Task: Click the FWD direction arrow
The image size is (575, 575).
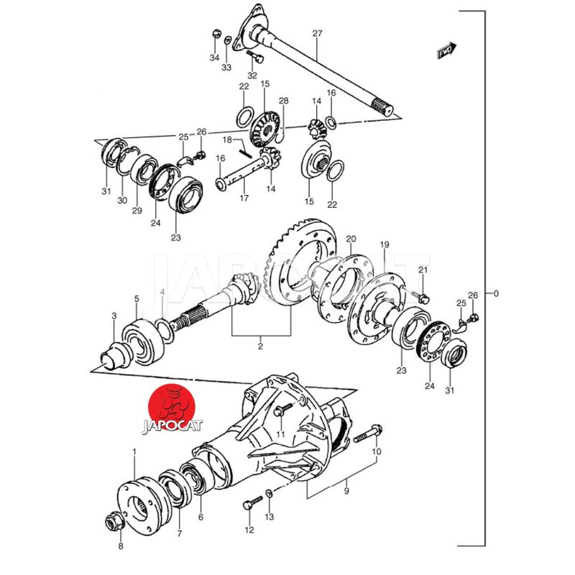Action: [447, 50]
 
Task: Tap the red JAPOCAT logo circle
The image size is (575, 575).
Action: [172, 407]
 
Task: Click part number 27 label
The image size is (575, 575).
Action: [317, 33]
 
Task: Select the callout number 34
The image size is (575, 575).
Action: [214, 57]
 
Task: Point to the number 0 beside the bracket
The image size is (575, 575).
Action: [496, 293]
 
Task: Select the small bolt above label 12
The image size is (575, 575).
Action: [253, 502]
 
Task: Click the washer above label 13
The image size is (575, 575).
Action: [269, 494]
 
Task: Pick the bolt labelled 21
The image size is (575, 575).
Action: [420, 297]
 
